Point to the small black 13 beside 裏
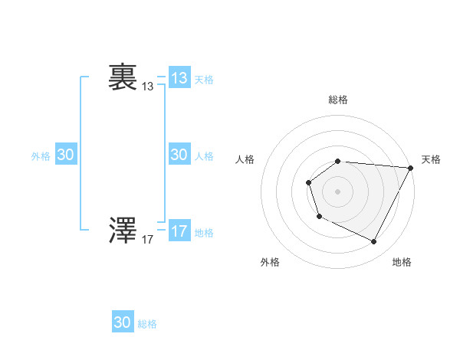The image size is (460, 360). click(x=148, y=87)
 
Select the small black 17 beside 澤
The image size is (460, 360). click(x=148, y=240)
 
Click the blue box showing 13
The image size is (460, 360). click(x=179, y=77)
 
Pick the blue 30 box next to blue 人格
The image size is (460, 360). click(x=179, y=155)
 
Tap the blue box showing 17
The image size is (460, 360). click(x=179, y=231)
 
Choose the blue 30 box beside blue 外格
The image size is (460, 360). click(x=66, y=155)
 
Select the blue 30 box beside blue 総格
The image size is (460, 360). click(x=123, y=322)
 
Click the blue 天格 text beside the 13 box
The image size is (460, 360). click(x=204, y=79)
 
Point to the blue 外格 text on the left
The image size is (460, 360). click(x=41, y=156)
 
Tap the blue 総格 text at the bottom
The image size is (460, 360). click(x=147, y=324)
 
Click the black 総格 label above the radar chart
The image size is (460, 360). click(x=338, y=100)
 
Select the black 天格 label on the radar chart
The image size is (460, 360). click(x=431, y=159)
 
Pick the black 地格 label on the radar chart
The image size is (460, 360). click(x=402, y=262)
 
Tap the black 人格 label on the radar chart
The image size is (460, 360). click(x=245, y=159)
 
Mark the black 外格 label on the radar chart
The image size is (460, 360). click(x=270, y=262)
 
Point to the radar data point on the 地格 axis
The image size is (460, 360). click(x=374, y=242)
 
